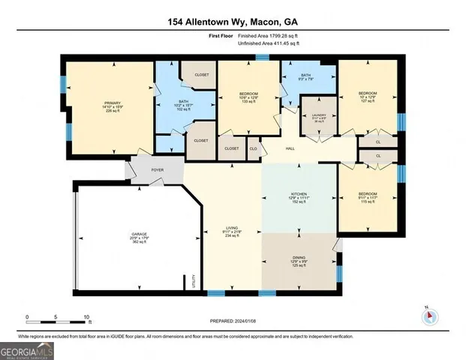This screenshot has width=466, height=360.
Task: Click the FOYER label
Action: [x=158, y=170]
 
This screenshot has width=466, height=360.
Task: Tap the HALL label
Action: [x=288, y=149]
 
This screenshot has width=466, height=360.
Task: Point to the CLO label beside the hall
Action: [x=253, y=149]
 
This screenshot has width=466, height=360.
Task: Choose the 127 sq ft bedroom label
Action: [x=367, y=95]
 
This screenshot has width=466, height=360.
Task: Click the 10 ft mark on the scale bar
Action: [x=86, y=317]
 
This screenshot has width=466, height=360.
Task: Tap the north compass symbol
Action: [x=431, y=316]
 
